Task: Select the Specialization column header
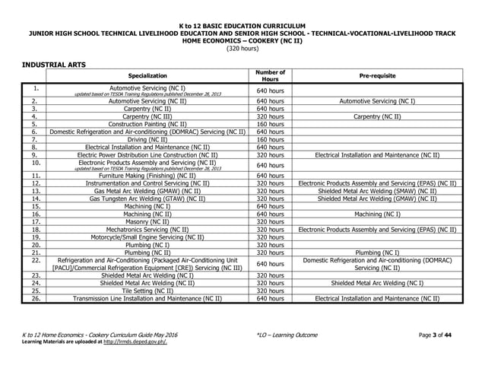point(148,76)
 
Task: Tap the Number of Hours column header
point(270,76)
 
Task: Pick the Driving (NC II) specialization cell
point(148,139)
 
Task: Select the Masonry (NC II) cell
point(148,221)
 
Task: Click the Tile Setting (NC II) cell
point(148,291)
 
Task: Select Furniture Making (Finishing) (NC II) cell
point(148,175)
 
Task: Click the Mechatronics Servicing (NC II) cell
point(148,229)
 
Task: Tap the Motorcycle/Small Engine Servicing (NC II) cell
point(148,237)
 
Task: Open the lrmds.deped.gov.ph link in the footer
point(134,342)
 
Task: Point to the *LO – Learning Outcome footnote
point(276,335)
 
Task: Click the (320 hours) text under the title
point(242,48)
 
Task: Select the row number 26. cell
point(35,298)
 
